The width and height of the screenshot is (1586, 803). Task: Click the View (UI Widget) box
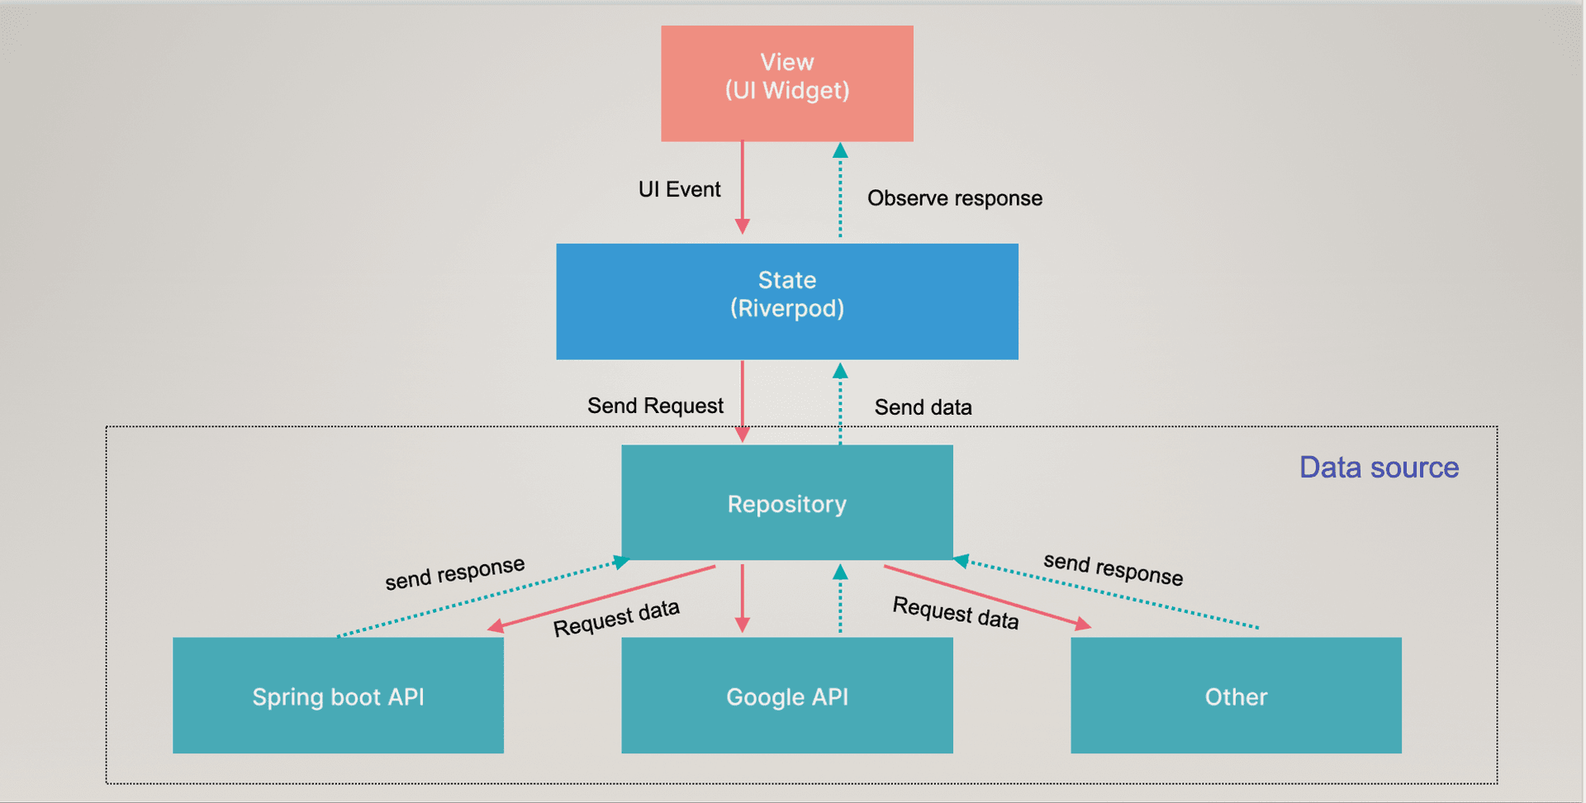tap(786, 83)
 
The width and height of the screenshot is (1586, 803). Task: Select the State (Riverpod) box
tap(786, 301)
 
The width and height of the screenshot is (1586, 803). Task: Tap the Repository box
tap(786, 502)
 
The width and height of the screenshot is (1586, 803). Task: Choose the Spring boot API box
tap(338, 695)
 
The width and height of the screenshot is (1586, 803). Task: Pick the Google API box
tap(786, 695)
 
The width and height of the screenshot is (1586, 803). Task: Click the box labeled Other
tap(1236, 695)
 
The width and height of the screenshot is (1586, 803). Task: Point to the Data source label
tap(1379, 468)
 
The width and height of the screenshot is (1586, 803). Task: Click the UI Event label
tap(679, 189)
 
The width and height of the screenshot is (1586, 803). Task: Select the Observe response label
tap(954, 198)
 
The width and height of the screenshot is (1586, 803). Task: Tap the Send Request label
tap(655, 406)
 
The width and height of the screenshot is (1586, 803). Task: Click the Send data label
tap(923, 407)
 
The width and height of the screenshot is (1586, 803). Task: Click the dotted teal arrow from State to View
tap(840, 194)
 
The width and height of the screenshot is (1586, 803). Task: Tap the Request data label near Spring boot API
tap(616, 618)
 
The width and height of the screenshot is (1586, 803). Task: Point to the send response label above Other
tap(1113, 569)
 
